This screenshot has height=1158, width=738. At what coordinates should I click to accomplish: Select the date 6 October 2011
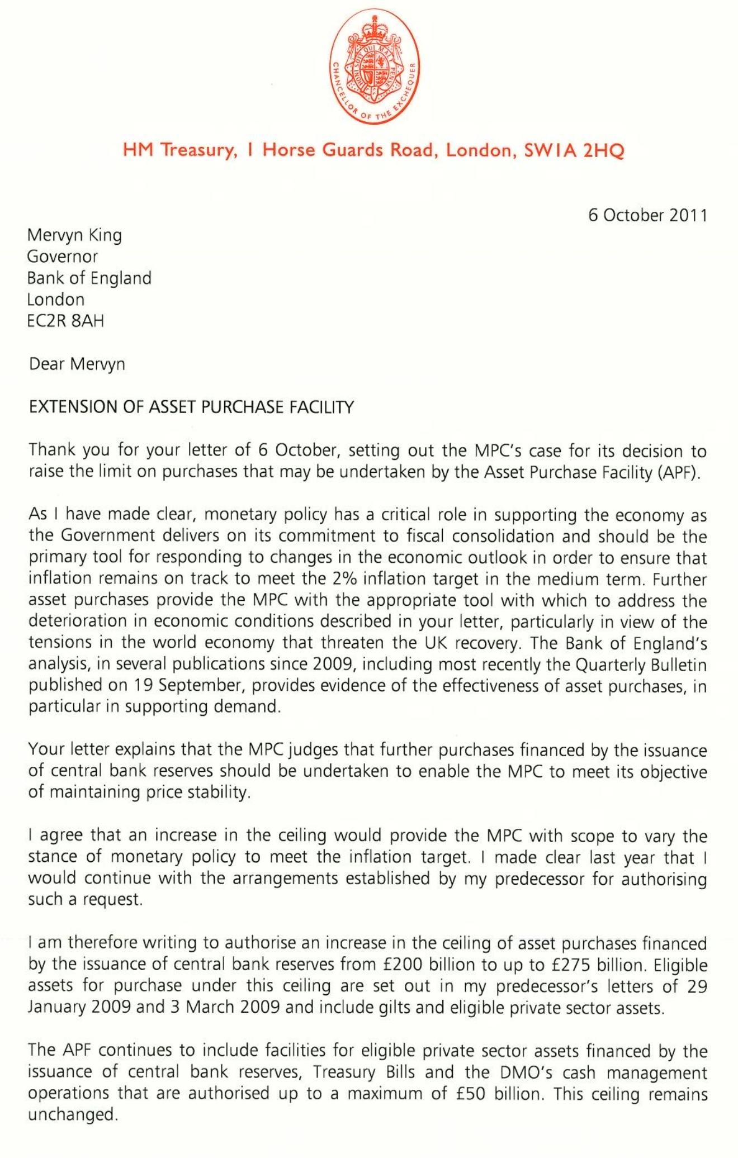[647, 215]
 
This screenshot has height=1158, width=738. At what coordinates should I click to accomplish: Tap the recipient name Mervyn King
[74, 235]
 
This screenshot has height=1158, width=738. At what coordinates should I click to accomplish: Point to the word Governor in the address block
[63, 257]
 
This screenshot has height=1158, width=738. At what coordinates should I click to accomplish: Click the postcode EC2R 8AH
[65, 321]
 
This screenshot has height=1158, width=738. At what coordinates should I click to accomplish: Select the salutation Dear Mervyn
[77, 364]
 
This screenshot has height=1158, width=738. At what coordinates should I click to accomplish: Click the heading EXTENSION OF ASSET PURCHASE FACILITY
[191, 407]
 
